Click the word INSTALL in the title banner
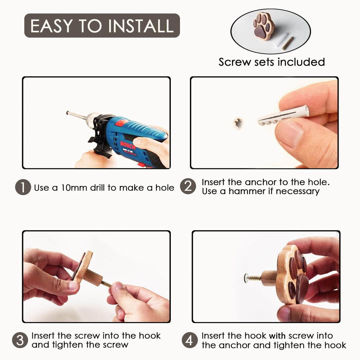pos(141,26)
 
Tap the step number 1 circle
pos(23,187)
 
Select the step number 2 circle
pos(188,186)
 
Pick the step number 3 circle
pos(20,340)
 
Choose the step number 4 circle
pos(189,340)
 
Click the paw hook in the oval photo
pos(264,26)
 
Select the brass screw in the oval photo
pos(288,43)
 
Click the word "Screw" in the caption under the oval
pos(234,62)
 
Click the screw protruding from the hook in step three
pos(106,284)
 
